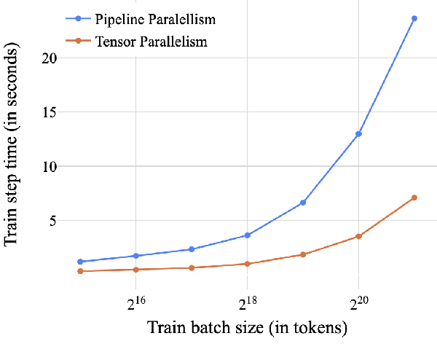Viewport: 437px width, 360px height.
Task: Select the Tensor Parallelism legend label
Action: click(151, 42)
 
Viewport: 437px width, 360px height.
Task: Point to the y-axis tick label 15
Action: click(47, 112)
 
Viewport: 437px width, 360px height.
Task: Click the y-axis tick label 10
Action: click(47, 166)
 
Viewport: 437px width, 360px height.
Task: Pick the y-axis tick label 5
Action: click(51, 220)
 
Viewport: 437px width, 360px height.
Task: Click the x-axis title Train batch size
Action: click(248, 329)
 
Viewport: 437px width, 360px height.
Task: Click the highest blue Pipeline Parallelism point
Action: click(414, 18)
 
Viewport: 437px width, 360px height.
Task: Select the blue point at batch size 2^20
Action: click(358, 134)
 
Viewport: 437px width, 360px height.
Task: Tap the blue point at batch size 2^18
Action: click(248, 235)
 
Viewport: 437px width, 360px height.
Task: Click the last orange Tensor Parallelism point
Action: click(414, 197)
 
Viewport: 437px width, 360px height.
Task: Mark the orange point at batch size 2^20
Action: click(358, 236)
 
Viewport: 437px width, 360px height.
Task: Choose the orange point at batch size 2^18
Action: click(248, 264)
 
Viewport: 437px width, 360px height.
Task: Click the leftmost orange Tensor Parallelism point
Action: click(81, 271)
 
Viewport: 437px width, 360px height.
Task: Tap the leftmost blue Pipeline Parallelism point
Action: click(81, 262)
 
